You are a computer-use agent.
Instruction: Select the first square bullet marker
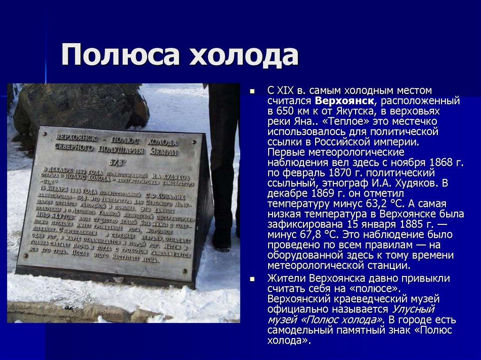click(x=252, y=91)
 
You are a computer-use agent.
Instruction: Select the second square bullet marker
click(x=252, y=278)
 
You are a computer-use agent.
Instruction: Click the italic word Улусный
click(x=412, y=309)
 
